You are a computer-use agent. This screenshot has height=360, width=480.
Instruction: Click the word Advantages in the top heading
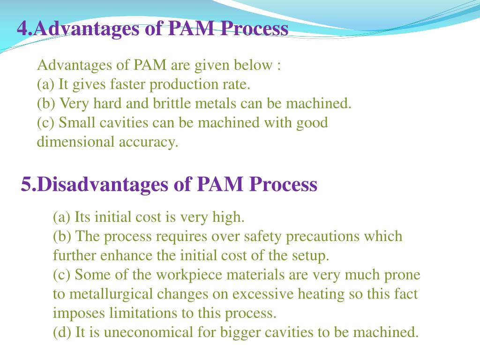(x=87, y=29)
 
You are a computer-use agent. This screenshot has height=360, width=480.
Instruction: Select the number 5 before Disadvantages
(x=26, y=184)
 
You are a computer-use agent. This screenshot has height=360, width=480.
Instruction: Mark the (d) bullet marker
(x=62, y=332)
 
